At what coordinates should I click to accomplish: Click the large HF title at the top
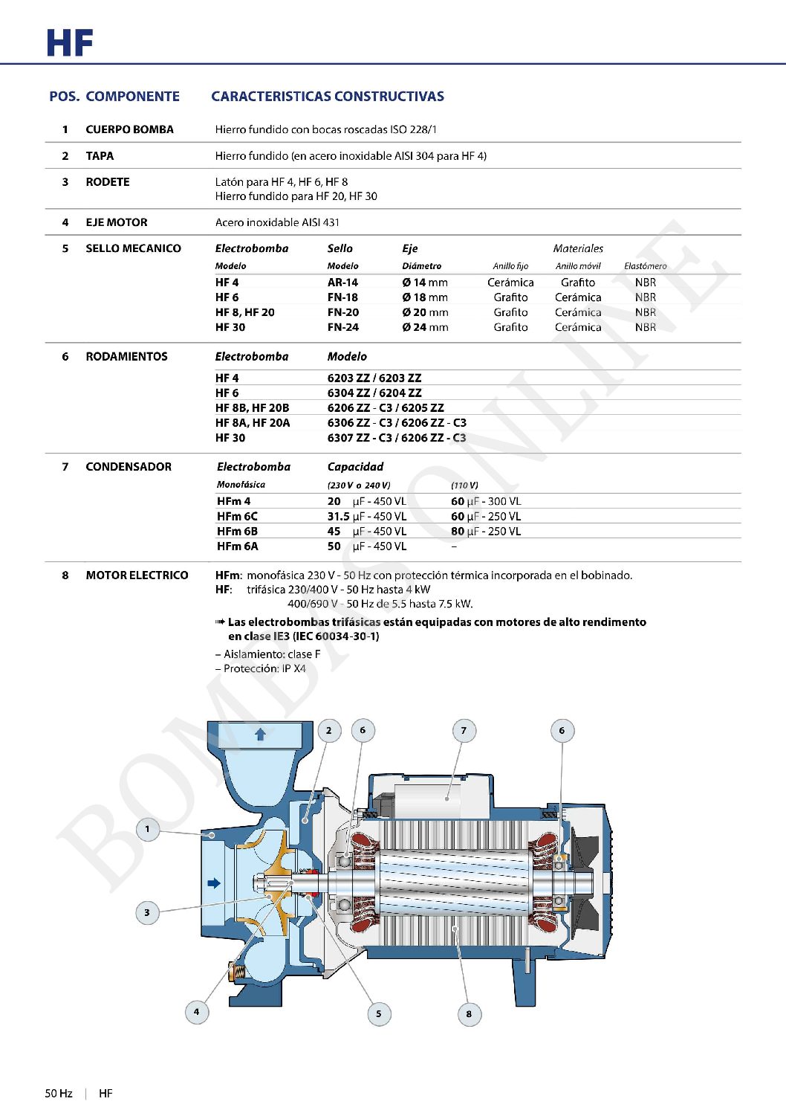point(69,43)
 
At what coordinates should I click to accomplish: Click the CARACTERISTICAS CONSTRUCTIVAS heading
point(328,97)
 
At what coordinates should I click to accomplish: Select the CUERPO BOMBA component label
point(129,129)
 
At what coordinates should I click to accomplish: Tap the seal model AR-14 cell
point(342,283)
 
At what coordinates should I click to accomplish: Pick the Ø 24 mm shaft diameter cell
point(425,327)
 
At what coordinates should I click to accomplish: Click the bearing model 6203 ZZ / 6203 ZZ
point(374,378)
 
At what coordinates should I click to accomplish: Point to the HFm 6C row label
point(237,516)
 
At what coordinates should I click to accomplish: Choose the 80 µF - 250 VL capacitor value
point(485,532)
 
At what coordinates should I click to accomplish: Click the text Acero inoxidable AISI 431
point(277,222)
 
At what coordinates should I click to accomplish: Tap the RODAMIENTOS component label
point(126,357)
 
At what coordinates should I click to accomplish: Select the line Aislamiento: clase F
point(268,654)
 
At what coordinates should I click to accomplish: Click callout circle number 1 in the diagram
point(147,829)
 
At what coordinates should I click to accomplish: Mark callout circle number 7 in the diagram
point(464,731)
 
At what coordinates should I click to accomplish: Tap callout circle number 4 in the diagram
point(196,1011)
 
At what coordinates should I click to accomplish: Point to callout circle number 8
point(469,1013)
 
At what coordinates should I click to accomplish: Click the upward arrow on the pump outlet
point(260,735)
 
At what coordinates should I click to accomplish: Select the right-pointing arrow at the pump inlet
point(214,883)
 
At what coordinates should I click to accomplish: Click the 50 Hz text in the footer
point(59,1094)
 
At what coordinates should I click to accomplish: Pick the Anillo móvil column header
point(578,266)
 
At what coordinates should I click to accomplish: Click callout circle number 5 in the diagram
point(379,1013)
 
